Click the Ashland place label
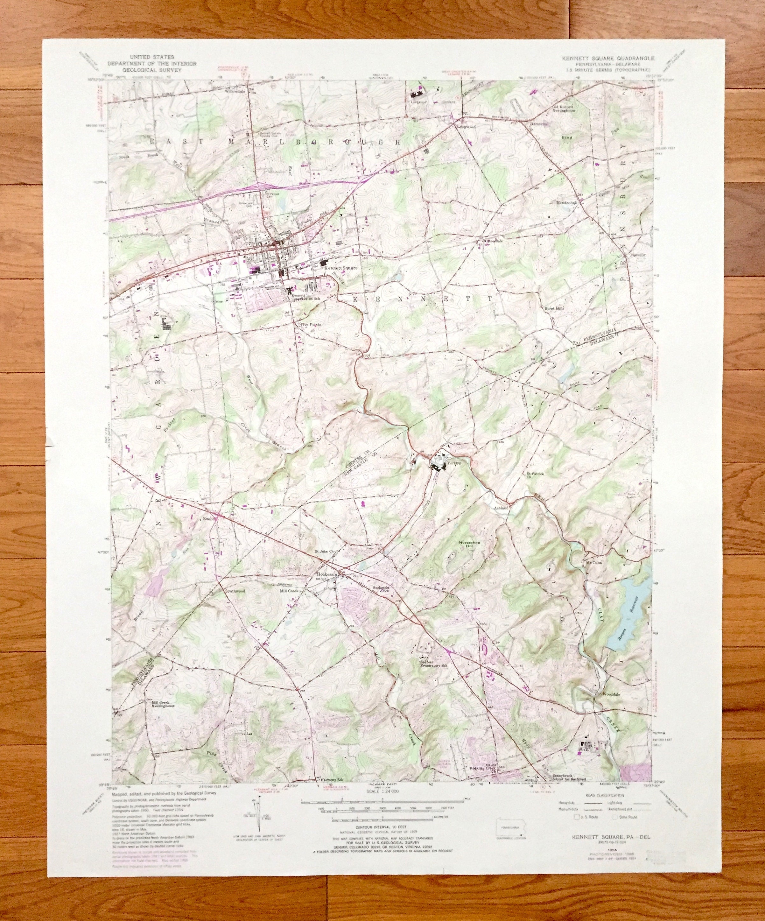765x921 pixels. point(502,507)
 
